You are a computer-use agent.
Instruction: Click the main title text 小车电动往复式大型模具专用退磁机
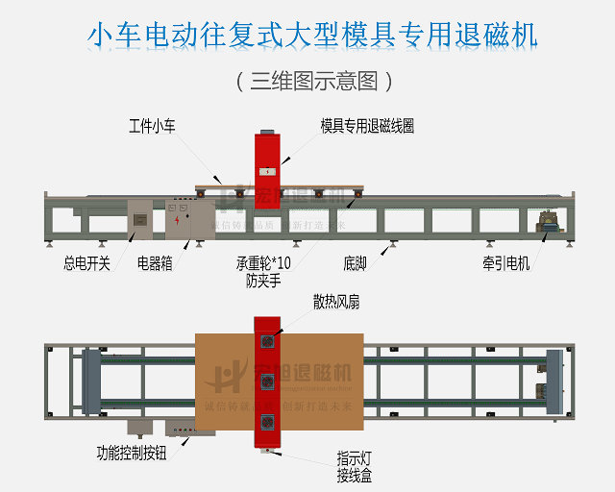click(x=312, y=36)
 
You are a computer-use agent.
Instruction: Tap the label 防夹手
click(x=262, y=281)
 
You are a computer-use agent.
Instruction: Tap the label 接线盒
click(x=354, y=475)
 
